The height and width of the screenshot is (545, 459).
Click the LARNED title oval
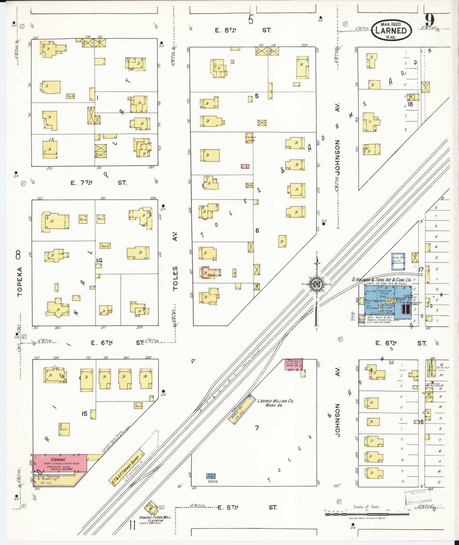pyautogui.click(x=391, y=30)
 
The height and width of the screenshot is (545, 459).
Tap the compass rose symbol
pyautogui.click(x=316, y=284)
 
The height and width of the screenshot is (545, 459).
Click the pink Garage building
pyautogui.click(x=60, y=464)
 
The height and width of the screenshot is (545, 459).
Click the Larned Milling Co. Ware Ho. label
pyautogui.click(x=275, y=403)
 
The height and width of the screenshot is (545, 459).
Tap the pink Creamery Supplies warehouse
pyautogui.click(x=294, y=365)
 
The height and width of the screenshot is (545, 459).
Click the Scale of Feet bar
pyautogui.click(x=367, y=514)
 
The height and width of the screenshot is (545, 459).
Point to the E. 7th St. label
pyautogui.click(x=98, y=183)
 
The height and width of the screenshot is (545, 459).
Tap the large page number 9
pyautogui.click(x=430, y=20)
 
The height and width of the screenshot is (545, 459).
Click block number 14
pyautogui.click(x=99, y=260)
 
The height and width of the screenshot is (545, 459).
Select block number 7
pyautogui.click(x=257, y=428)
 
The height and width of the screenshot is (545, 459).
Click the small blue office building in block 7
pyautogui.click(x=211, y=476)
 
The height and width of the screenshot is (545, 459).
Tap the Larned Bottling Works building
pyautogui.click(x=429, y=368)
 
